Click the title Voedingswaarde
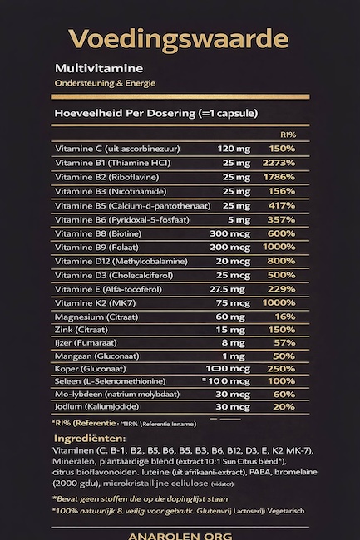point(180,39)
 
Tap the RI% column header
point(288,133)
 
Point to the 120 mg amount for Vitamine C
point(234,148)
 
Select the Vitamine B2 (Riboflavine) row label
point(106,177)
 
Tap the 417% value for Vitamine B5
point(281,205)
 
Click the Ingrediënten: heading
point(90,438)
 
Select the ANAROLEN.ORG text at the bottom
point(180,536)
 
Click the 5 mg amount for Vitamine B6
point(239,219)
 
